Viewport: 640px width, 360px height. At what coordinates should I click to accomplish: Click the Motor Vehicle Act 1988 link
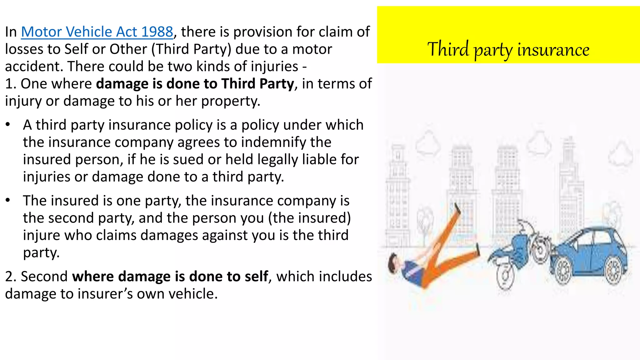[x=97, y=32]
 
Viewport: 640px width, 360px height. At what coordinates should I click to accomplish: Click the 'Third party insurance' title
[x=508, y=49]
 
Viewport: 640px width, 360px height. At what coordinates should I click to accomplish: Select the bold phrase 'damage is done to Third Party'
[x=195, y=84]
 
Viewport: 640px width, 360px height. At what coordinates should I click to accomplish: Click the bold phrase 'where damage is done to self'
[x=170, y=277]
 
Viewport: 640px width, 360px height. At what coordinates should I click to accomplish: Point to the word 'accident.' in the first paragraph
[x=34, y=67]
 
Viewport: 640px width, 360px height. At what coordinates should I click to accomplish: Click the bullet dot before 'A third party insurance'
[x=8, y=125]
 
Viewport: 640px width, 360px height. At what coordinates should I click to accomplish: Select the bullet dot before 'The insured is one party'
[x=8, y=200]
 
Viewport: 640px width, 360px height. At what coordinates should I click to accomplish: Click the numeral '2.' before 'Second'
[x=11, y=277]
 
